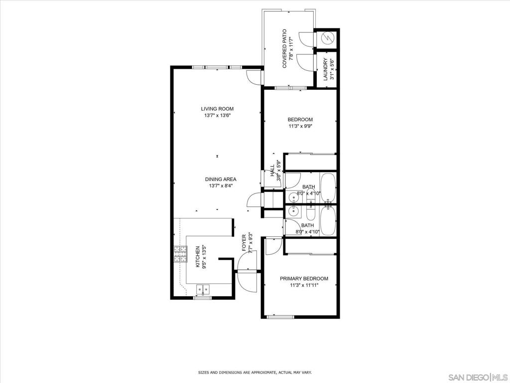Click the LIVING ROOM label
(217, 109)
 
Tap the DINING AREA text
(221, 179)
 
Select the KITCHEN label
(197, 257)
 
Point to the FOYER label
(244, 243)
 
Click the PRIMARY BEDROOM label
(304, 278)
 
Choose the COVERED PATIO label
(284, 48)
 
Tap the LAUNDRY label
(326, 69)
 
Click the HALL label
(272, 171)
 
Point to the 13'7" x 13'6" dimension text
(217, 115)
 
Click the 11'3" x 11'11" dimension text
(304, 285)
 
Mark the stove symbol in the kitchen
(180, 254)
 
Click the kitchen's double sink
(203, 289)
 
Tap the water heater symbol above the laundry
(327, 39)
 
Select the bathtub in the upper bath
(328, 188)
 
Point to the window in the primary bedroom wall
(280, 317)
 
